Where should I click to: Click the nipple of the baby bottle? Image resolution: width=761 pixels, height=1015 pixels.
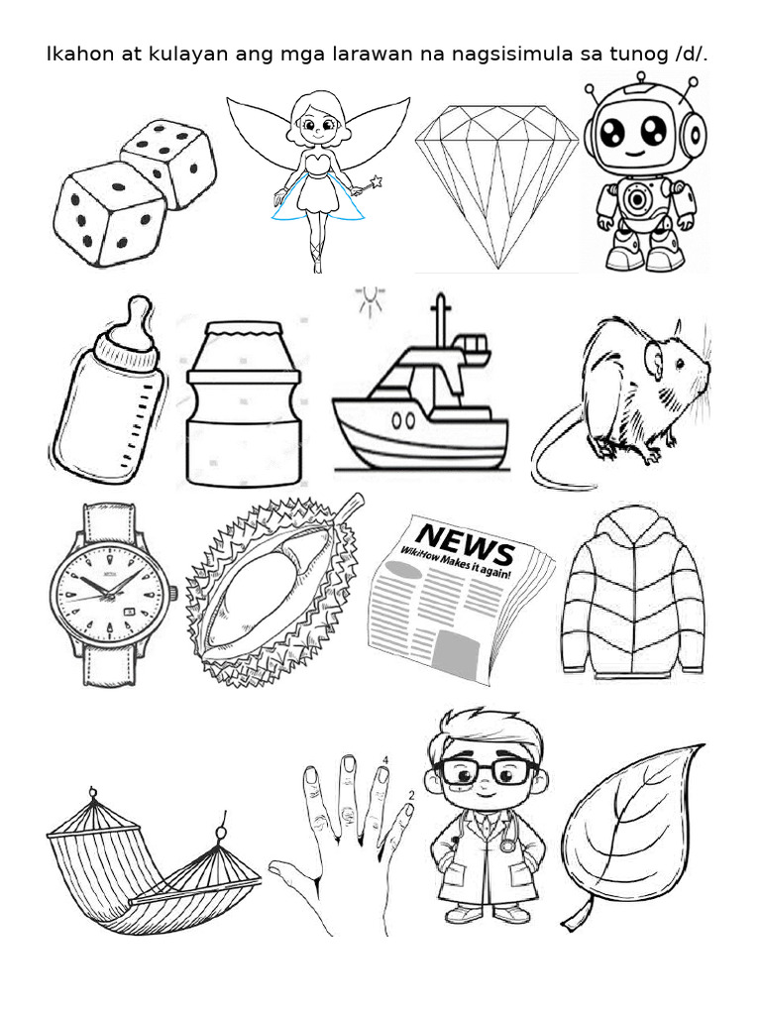coord(140,316)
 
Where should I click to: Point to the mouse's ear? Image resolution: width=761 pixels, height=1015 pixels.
coord(655,360)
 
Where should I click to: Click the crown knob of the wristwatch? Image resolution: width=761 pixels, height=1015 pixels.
coord(173,594)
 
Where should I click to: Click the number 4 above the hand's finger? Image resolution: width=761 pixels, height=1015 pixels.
coord(384,760)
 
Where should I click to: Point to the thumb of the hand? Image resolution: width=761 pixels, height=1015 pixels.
coord(292,873)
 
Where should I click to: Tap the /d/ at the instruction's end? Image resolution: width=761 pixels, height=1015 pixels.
coord(690,54)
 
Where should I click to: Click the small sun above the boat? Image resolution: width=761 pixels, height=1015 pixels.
coord(372,300)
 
